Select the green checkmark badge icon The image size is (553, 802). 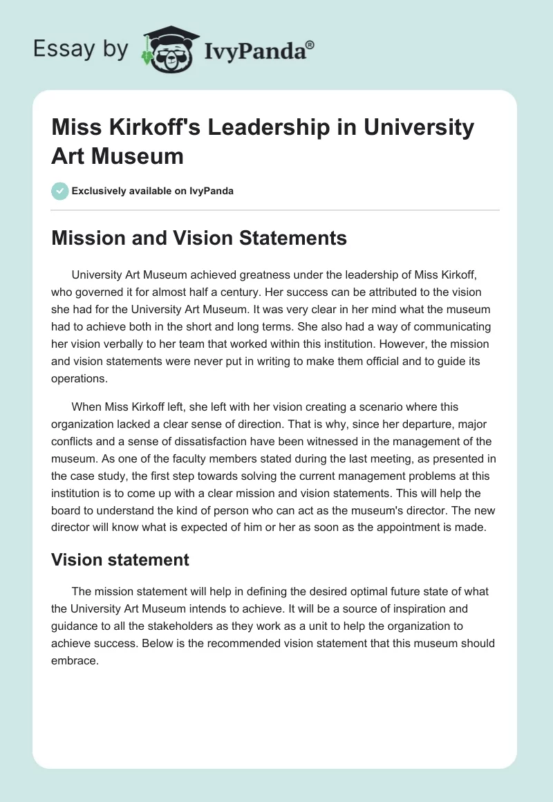tap(59, 191)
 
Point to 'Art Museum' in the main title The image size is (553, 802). tap(118, 156)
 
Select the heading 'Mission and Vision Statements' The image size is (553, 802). tap(199, 238)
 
